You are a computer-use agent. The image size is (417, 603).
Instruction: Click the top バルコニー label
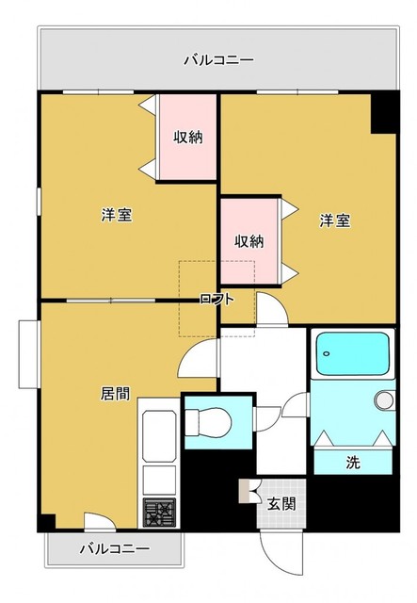(217, 60)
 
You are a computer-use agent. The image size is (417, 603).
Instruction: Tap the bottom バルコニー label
(114, 547)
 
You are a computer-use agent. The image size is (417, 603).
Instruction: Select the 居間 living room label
(115, 393)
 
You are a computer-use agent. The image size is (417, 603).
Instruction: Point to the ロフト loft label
(214, 299)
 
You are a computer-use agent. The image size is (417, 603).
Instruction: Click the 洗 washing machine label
(352, 462)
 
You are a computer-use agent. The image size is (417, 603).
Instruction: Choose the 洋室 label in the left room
(117, 216)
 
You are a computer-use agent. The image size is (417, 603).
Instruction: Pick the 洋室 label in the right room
(334, 220)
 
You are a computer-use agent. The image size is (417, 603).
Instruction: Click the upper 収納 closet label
(187, 138)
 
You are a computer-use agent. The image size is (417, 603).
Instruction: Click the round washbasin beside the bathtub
(383, 400)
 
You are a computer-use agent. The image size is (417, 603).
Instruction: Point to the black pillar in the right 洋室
(383, 112)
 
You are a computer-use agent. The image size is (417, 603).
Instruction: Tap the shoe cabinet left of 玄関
(249, 492)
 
